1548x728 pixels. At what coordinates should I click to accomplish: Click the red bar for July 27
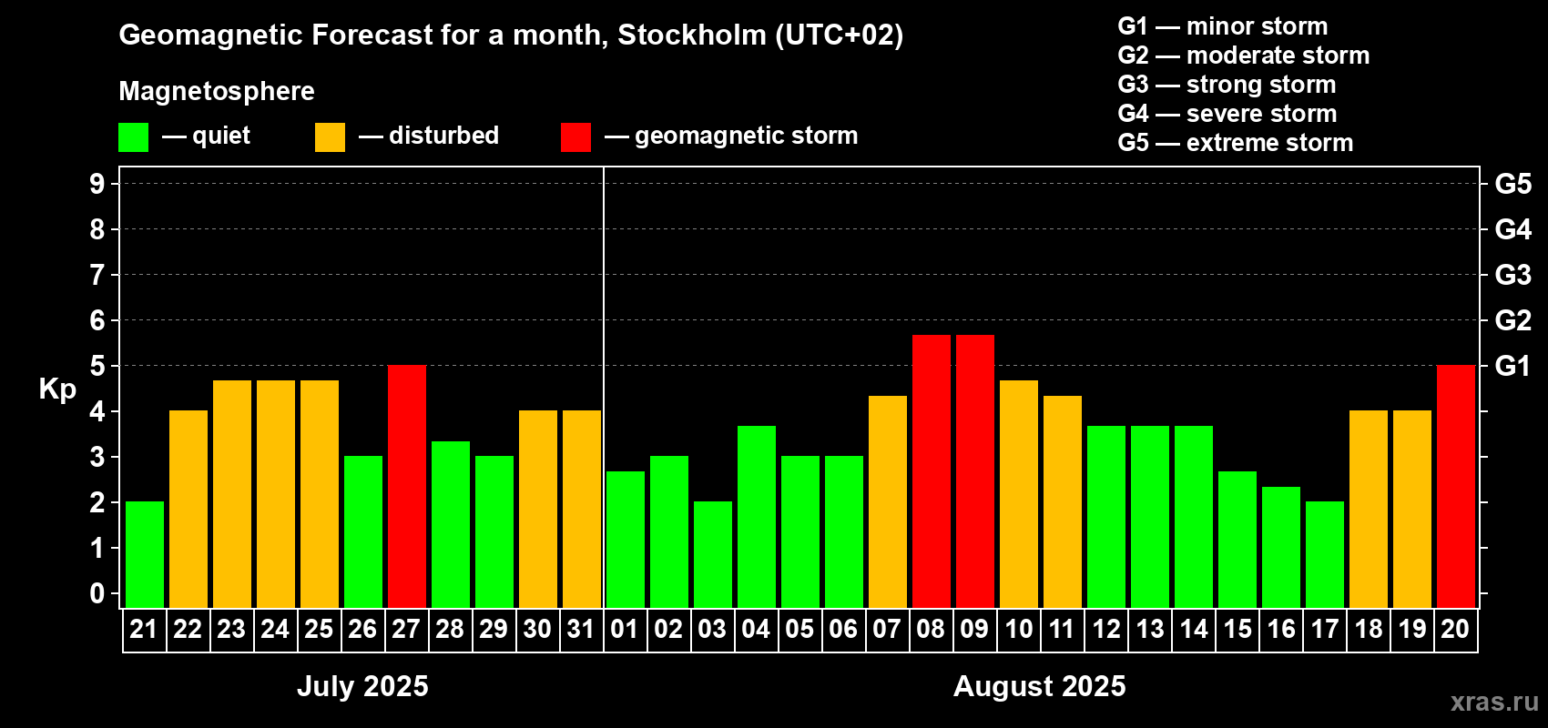(407, 486)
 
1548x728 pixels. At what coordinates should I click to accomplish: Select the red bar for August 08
(931, 471)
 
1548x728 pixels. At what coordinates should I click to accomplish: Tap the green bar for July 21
(145, 554)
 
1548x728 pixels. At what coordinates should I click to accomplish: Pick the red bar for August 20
(1455, 486)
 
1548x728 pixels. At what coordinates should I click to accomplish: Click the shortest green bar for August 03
(713, 554)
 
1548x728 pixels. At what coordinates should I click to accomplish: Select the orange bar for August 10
(1018, 494)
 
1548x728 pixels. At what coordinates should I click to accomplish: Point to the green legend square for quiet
(134, 137)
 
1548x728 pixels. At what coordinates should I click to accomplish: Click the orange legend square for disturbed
(330, 137)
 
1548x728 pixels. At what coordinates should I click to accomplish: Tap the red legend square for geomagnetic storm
(575, 137)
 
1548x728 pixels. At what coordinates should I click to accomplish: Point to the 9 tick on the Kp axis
(97, 184)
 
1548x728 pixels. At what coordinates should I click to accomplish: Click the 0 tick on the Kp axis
(97, 593)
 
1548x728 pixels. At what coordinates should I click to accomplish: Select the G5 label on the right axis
(1512, 184)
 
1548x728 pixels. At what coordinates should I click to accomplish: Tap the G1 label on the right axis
(1512, 366)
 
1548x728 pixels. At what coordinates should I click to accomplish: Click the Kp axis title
(57, 389)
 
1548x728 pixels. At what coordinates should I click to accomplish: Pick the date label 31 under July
(581, 629)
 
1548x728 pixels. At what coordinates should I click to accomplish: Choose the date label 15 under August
(1237, 629)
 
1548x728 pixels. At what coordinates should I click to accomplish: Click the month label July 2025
(362, 686)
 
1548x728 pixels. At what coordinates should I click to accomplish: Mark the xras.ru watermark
(1494, 702)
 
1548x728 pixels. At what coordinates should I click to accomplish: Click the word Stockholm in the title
(692, 35)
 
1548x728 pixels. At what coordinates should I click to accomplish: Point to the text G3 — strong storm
(1227, 85)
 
